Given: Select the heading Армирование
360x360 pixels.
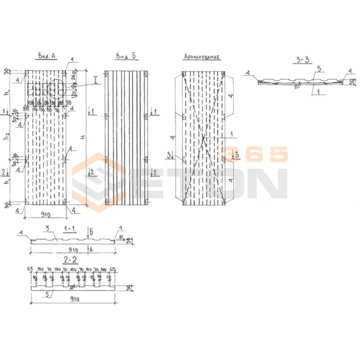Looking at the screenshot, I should [202, 57].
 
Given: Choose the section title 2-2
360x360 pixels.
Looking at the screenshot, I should [71, 260].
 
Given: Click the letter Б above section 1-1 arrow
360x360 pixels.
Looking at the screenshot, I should [91, 232].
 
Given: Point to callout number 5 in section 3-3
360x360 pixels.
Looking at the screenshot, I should [319, 69].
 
